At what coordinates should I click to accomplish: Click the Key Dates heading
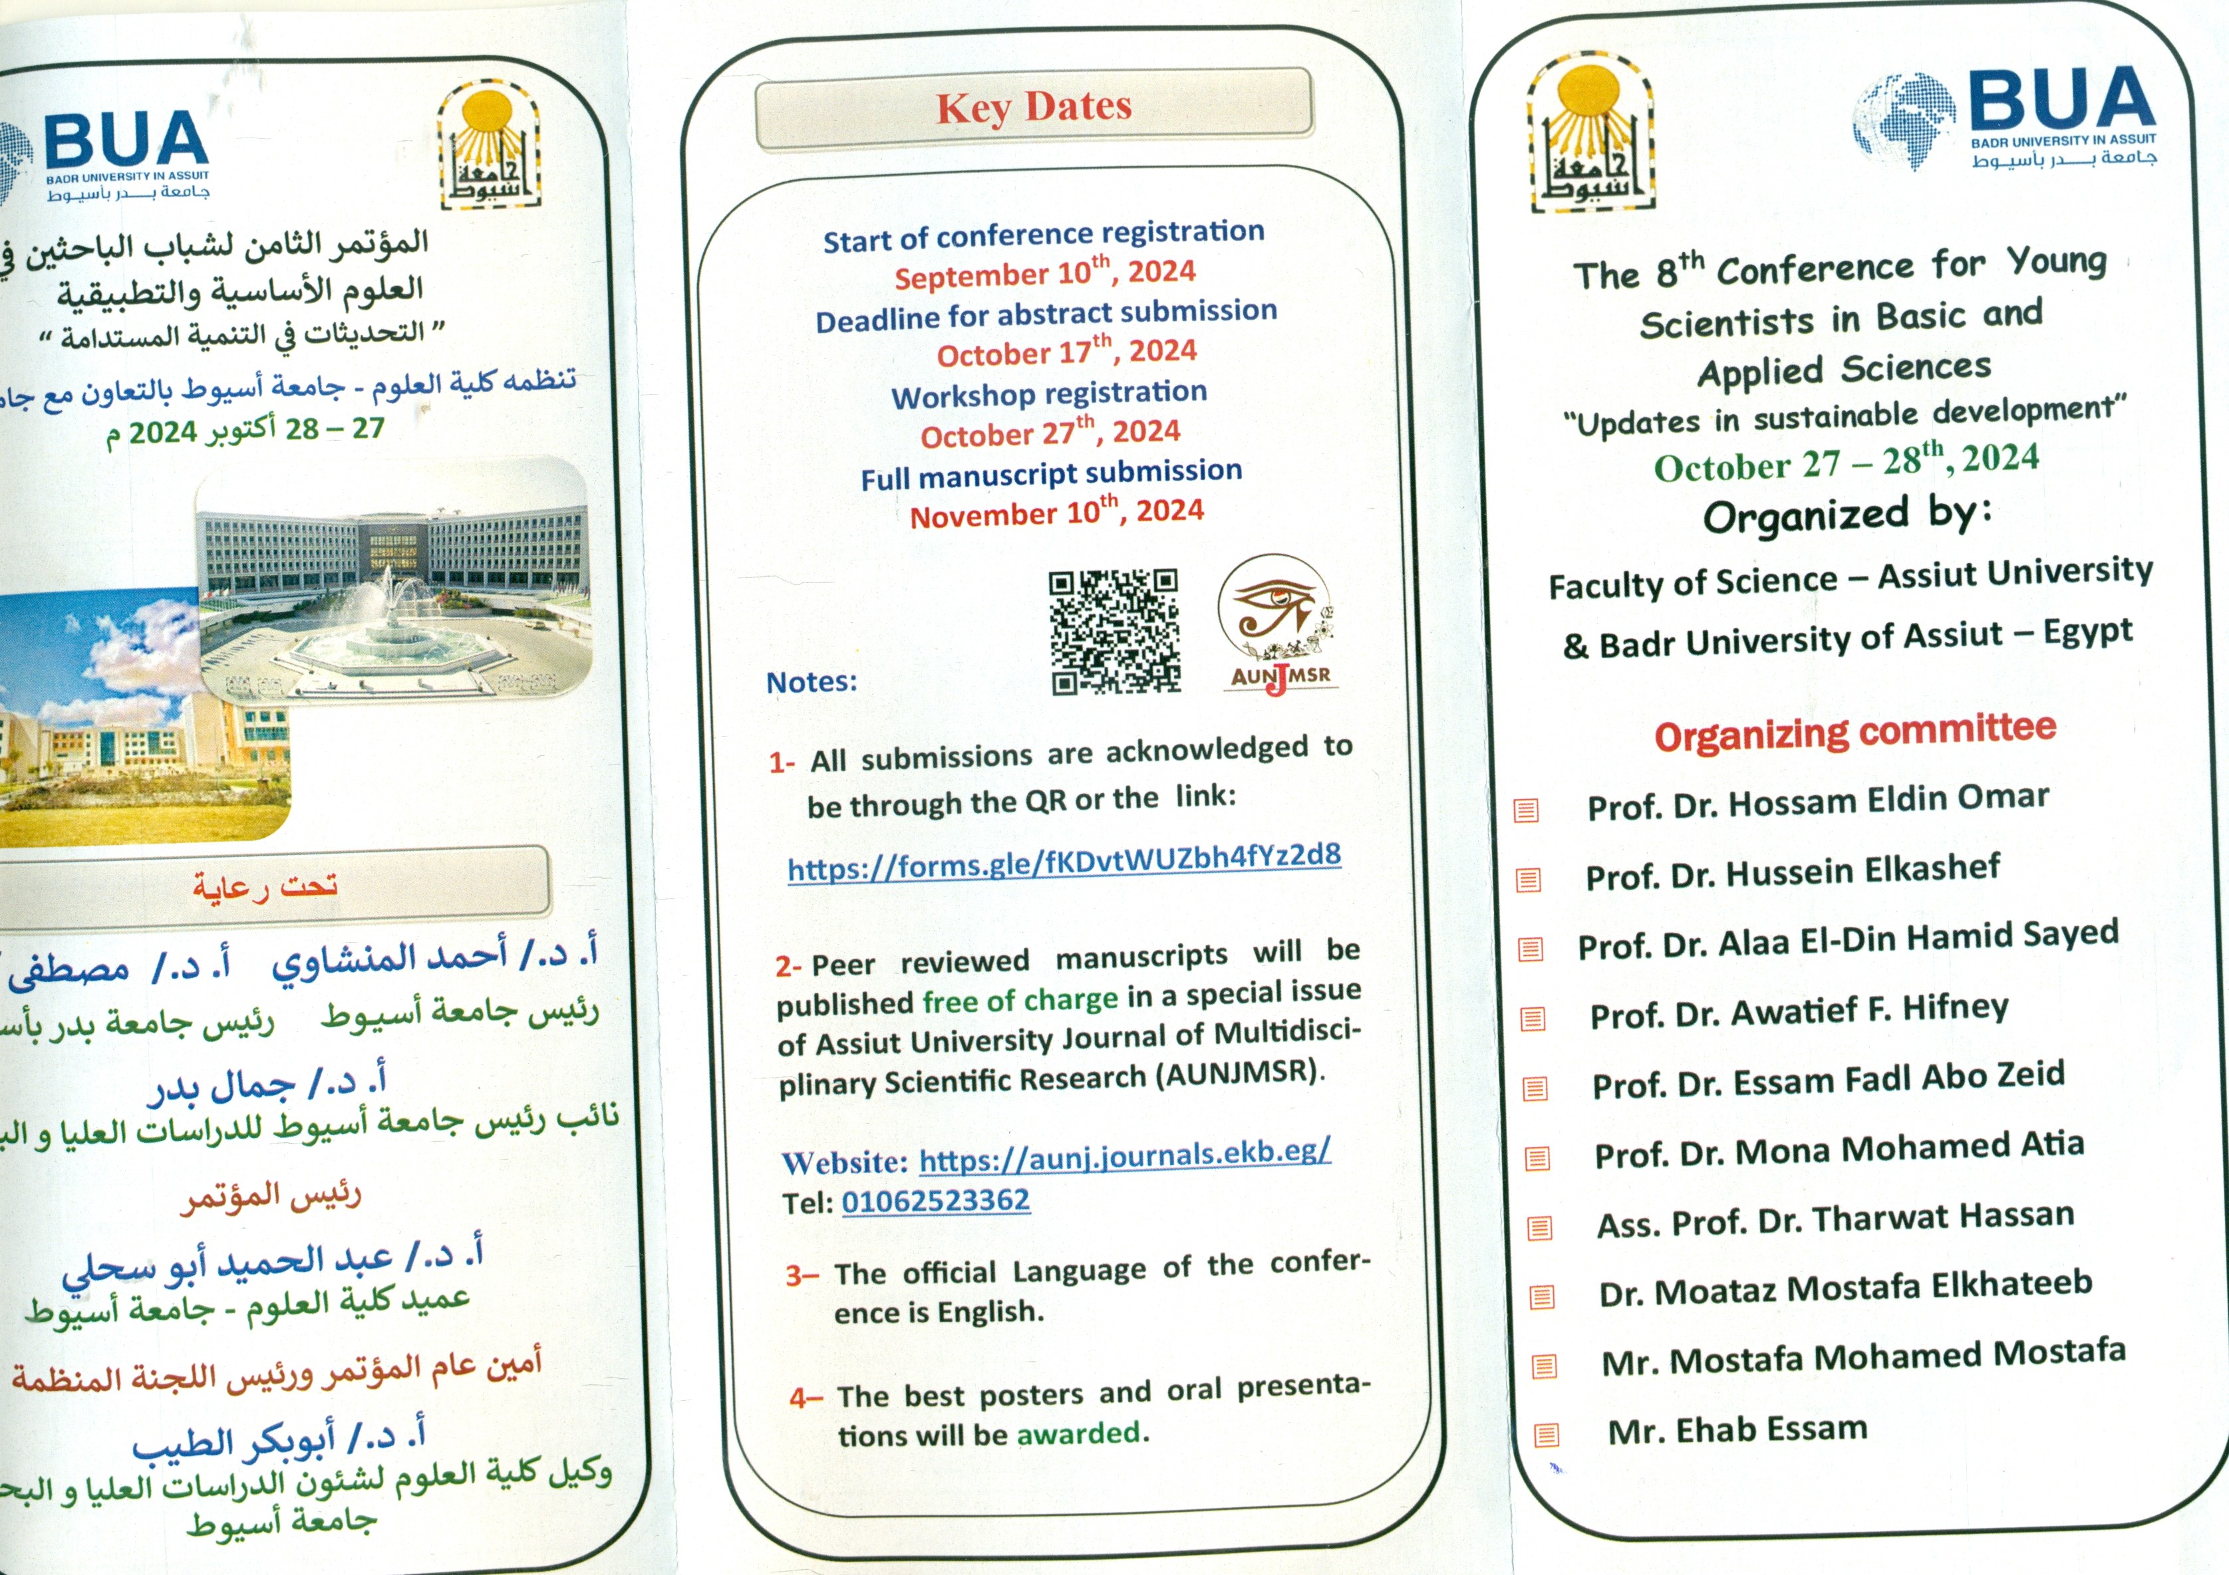click(x=1034, y=107)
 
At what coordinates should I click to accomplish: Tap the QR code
click(x=1115, y=632)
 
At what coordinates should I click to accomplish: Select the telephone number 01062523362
click(x=935, y=1201)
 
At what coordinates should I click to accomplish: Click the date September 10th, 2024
click(x=1044, y=273)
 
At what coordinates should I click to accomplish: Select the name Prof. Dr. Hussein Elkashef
click(x=1792, y=872)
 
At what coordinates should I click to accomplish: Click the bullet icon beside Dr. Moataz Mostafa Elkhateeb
click(x=1542, y=1296)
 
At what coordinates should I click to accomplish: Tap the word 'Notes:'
click(x=812, y=682)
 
